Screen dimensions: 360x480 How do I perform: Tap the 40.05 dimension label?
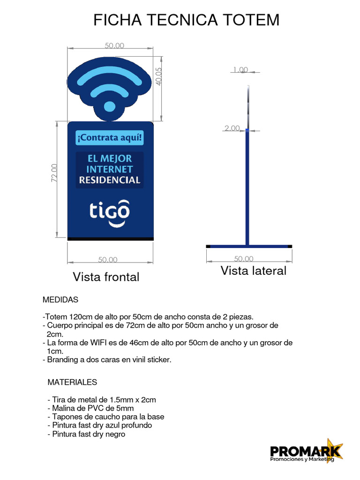[x=158, y=75]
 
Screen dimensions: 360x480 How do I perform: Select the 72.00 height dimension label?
[x=54, y=172]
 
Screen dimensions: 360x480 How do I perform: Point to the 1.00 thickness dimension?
[x=240, y=70]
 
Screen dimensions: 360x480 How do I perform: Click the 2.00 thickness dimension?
[x=232, y=128]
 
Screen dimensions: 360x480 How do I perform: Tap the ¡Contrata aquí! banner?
[x=109, y=138]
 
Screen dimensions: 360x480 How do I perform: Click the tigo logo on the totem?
[x=110, y=211]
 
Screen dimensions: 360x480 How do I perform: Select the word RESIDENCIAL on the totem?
[x=110, y=180]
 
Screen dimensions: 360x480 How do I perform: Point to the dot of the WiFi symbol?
[x=109, y=106]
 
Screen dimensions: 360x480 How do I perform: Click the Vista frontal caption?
[x=106, y=277]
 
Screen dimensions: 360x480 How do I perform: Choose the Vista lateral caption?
[x=253, y=270]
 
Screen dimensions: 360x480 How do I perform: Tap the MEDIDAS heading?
[x=60, y=299]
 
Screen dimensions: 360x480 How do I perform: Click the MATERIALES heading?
[x=72, y=382]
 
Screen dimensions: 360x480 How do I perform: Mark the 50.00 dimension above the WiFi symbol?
[x=114, y=45]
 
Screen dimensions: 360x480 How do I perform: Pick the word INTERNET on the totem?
[x=110, y=169]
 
